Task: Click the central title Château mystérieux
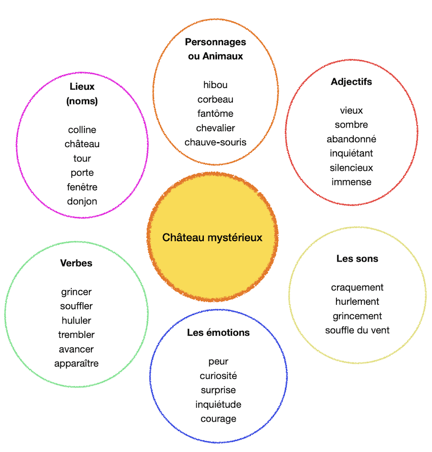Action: point(212,238)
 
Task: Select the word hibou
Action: point(215,85)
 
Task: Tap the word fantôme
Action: point(215,113)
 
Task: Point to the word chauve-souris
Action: point(215,142)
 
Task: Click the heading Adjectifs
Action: point(351,82)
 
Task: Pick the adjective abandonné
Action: point(351,139)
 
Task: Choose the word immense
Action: point(351,182)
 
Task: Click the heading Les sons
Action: point(357,259)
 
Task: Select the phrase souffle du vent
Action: point(357,330)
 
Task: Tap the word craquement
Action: point(357,287)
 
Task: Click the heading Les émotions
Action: point(219,332)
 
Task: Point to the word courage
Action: point(219,419)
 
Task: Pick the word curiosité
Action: point(219,376)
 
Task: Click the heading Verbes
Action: point(76,263)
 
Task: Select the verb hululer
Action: point(76,320)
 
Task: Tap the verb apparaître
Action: point(76,364)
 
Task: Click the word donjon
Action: point(82,201)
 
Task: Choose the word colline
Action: point(82,130)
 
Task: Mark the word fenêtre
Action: point(82,187)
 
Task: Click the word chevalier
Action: point(215,127)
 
